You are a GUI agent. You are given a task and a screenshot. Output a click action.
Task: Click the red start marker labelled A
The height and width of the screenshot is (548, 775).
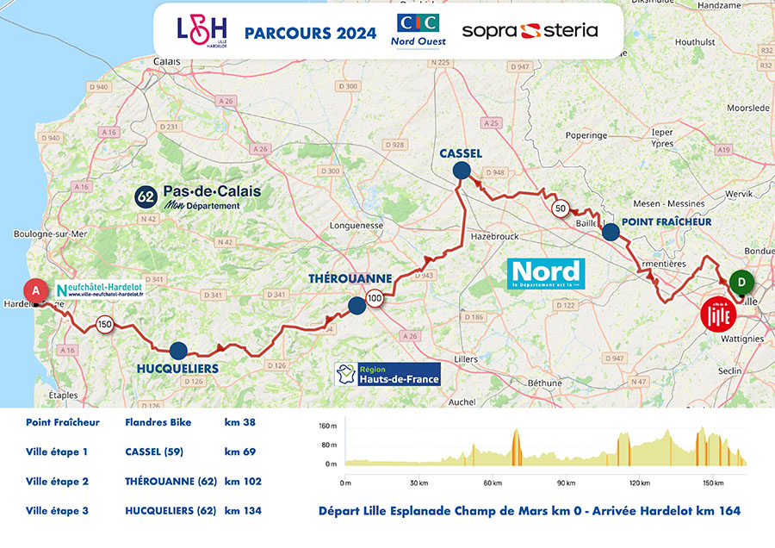click(x=36, y=291)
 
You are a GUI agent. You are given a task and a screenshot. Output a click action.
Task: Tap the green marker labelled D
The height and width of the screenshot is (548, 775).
click(x=738, y=281)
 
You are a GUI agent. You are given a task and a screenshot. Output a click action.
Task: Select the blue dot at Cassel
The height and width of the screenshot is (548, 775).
click(x=462, y=171)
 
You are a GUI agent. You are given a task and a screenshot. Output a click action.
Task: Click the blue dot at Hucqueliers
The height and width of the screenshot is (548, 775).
click(x=177, y=350)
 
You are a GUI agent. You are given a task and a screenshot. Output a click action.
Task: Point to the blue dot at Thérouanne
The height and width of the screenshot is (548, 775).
click(x=356, y=304)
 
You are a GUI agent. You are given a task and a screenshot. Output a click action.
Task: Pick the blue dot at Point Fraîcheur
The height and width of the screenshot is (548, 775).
click(x=610, y=231)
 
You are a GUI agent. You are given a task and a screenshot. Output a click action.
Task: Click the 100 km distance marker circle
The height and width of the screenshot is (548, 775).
click(x=375, y=299)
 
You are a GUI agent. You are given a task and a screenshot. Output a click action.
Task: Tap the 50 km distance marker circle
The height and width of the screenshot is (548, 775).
click(x=560, y=208)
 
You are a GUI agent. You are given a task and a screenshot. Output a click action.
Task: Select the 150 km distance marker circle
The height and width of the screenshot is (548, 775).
click(x=104, y=325)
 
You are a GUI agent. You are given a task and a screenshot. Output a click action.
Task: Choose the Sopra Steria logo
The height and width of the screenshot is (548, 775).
click(x=530, y=31)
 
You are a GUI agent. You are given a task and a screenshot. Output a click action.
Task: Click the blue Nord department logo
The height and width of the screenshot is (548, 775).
click(x=546, y=272)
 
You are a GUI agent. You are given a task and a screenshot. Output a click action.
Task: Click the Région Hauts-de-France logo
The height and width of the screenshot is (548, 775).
click(x=388, y=374)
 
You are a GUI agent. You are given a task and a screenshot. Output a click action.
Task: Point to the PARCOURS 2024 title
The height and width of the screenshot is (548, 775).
click(x=310, y=34)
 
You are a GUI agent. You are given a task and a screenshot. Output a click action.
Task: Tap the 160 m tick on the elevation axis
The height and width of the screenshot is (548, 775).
click(x=327, y=427)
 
